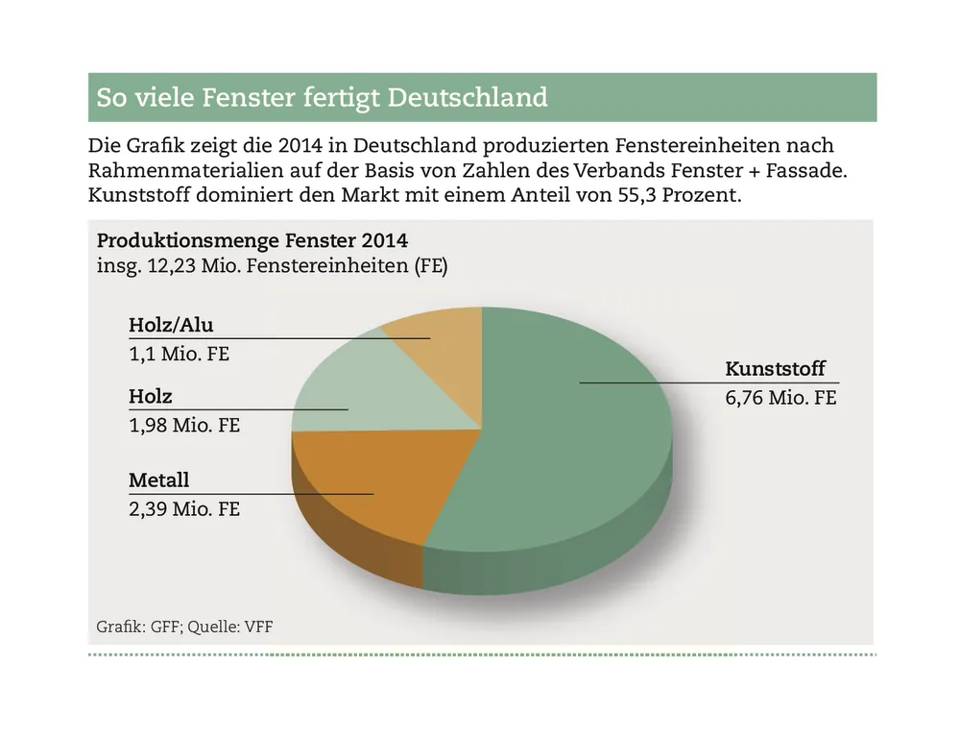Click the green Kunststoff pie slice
tap(566, 452)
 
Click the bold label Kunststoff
tap(775, 369)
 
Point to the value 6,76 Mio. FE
tap(780, 397)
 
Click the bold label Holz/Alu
tap(171, 325)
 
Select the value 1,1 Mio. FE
tap(180, 353)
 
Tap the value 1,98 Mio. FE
tap(184, 424)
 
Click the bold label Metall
tap(159, 480)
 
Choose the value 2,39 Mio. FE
tap(184, 508)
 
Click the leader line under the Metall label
tap(288, 494)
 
